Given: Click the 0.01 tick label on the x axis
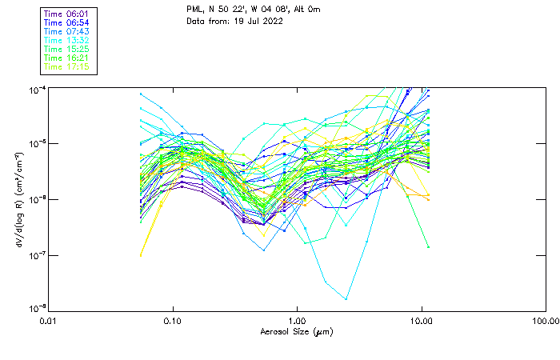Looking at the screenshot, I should [x=48, y=321].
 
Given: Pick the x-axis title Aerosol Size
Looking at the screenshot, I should [x=296, y=331].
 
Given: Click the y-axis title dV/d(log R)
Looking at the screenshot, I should [x=18, y=198].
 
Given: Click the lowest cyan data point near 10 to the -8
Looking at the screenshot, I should [x=346, y=299].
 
